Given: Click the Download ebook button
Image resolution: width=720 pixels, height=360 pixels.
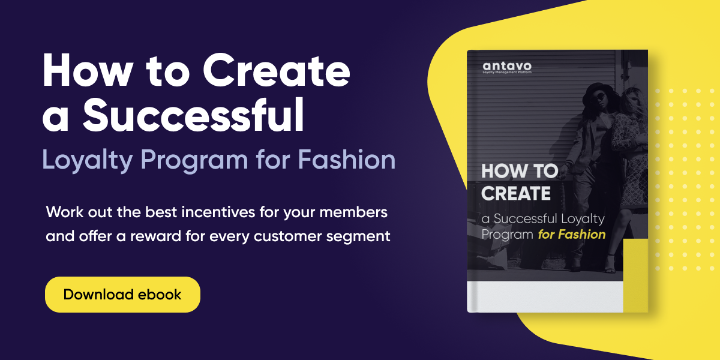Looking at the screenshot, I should [x=122, y=295].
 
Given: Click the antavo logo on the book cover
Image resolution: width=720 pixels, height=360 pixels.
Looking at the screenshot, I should [x=506, y=65].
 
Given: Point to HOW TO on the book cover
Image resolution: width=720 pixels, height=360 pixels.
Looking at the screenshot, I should [x=520, y=172].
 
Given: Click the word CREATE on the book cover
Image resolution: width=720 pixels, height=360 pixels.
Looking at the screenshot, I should [x=515, y=194].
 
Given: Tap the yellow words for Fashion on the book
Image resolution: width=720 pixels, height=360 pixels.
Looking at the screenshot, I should [x=571, y=234].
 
